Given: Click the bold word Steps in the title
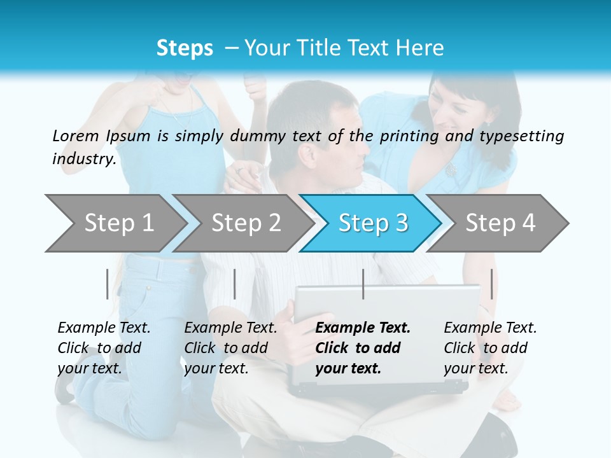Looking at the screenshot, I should (185, 48).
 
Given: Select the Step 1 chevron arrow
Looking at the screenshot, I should (115, 223).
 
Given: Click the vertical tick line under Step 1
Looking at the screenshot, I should (108, 284).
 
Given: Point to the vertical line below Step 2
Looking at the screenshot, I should (235, 284).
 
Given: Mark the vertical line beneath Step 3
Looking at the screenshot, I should (363, 284).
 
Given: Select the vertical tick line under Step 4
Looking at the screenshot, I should (491, 284).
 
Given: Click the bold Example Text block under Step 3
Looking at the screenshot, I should (363, 348).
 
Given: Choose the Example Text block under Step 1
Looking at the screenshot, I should (104, 348).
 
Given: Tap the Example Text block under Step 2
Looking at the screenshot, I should (230, 348).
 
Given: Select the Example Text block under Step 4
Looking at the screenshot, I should (490, 348).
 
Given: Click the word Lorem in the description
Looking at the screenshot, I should (76, 135).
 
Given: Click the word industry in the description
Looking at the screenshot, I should (84, 158).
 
